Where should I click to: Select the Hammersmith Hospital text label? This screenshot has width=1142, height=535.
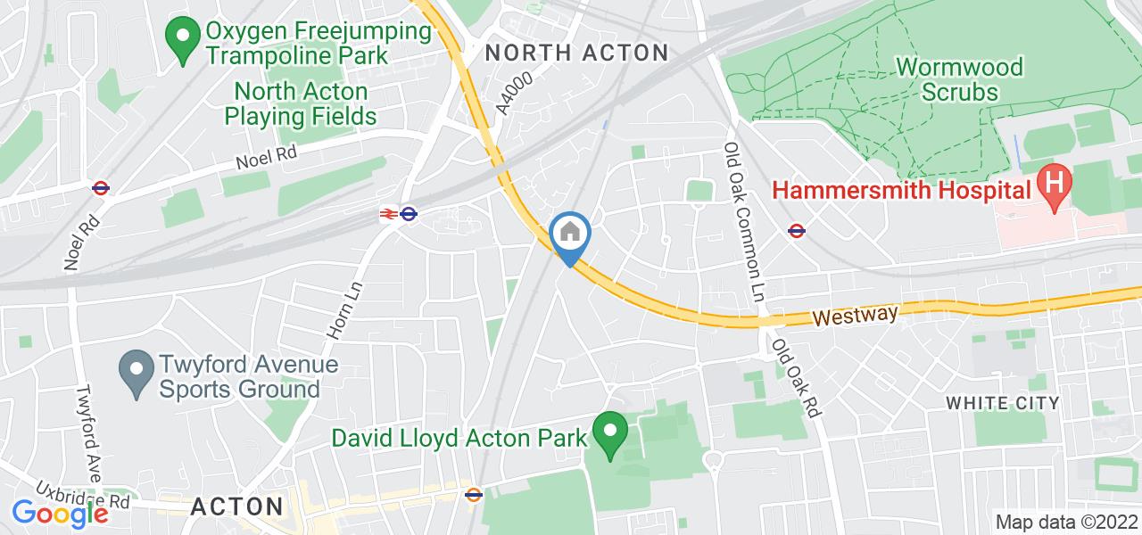901,189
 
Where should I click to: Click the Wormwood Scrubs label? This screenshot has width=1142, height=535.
959,78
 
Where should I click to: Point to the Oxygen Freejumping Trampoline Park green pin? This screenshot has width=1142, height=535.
183,39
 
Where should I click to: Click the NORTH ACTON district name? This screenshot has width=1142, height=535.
576,53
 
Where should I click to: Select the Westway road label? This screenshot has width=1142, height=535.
854,316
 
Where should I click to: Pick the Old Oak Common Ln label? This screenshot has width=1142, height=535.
745,221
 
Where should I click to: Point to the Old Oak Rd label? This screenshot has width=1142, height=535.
797,378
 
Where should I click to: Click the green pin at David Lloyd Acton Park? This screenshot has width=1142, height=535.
610,433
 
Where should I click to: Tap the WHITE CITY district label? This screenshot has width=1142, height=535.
1002,403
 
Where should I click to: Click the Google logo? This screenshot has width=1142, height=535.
60,514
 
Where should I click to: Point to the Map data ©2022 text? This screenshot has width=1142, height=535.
1064,522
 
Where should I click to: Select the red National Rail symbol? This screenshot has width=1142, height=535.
387,213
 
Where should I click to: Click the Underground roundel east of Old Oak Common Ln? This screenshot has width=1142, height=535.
798,231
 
